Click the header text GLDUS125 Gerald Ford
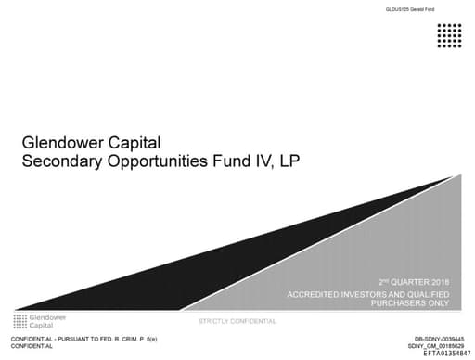pos(409,9)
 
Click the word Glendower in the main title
pos(65,144)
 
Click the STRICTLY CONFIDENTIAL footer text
pos(237,321)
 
